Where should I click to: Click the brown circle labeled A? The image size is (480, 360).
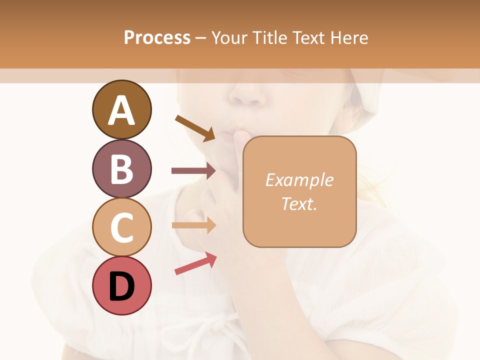click(x=121, y=110)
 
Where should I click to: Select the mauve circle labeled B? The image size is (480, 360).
click(x=121, y=168)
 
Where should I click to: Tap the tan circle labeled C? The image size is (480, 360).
click(x=121, y=227)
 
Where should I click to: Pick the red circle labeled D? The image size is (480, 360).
click(x=121, y=285)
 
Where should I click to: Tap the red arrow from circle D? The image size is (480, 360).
click(x=195, y=263)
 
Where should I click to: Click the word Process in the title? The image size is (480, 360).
click(x=157, y=37)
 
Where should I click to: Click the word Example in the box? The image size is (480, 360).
click(x=299, y=180)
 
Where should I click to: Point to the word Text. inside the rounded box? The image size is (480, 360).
click(x=299, y=203)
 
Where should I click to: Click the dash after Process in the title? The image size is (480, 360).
click(x=201, y=38)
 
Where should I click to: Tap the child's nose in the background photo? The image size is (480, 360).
click(x=248, y=95)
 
